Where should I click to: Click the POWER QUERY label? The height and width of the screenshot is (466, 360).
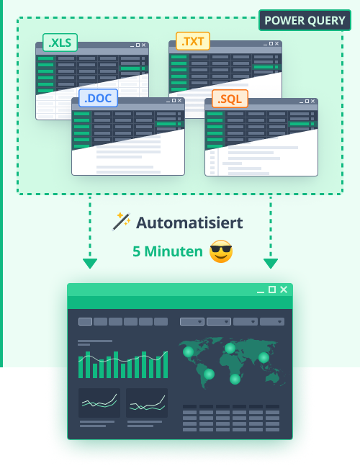pos(305,20)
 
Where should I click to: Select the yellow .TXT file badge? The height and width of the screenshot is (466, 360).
pos(193,41)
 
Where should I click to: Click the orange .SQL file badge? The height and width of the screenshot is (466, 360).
pos(230,99)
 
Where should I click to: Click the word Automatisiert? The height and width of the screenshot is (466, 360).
pos(189,223)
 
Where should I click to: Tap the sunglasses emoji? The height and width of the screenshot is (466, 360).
pos(221,251)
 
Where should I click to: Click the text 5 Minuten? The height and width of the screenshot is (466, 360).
pos(167,251)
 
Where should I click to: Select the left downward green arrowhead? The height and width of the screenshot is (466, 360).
pos(89,264)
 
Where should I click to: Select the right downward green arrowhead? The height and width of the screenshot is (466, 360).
pos(271,264)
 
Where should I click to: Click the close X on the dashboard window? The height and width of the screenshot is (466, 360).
pos(284,290)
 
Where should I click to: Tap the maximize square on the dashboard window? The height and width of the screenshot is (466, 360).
pos(272,290)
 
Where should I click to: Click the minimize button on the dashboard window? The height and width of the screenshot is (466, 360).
pos(261,291)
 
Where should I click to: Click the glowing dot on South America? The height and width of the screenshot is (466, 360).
pos(209,374)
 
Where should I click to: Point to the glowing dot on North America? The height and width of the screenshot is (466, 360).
pos(189,351)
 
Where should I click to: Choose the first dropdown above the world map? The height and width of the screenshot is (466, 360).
pos(192,322)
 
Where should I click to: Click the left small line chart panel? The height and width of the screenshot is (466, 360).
pos(99,403)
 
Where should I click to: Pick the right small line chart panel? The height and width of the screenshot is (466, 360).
pos(147,403)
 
